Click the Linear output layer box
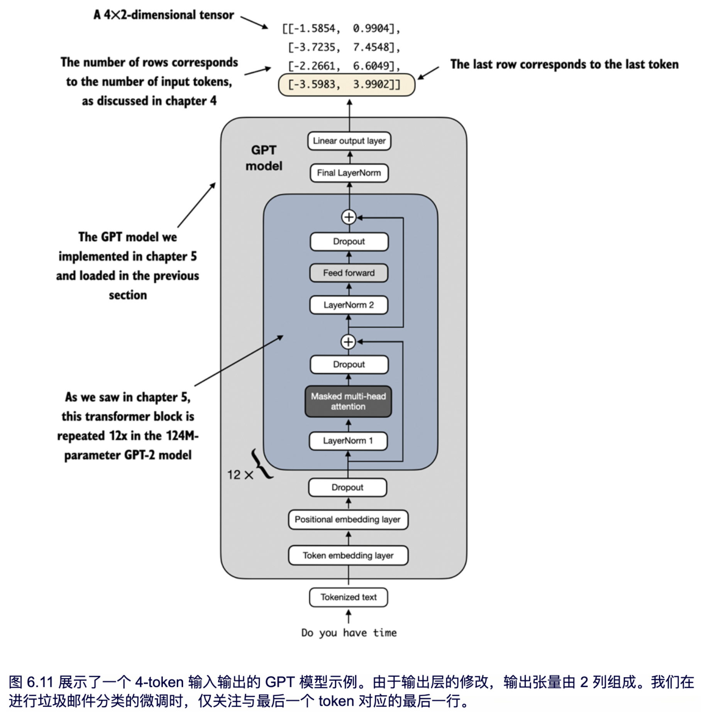[349, 141]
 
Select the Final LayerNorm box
[349, 173]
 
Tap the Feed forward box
[349, 273]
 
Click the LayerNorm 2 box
[349, 305]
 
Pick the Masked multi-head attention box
[348, 402]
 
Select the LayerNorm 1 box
[348, 441]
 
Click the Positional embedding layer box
[348, 520]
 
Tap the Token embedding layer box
[348, 556]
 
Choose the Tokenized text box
[348, 597]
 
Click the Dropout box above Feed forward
[349, 242]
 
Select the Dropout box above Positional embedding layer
[347, 488]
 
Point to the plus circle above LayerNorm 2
[348, 342]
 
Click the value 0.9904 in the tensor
[371, 29]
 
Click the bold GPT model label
[264, 158]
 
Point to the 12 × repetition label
[240, 475]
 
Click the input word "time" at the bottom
[384, 633]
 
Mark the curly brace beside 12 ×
[261, 464]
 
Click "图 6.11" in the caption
[31, 682]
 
